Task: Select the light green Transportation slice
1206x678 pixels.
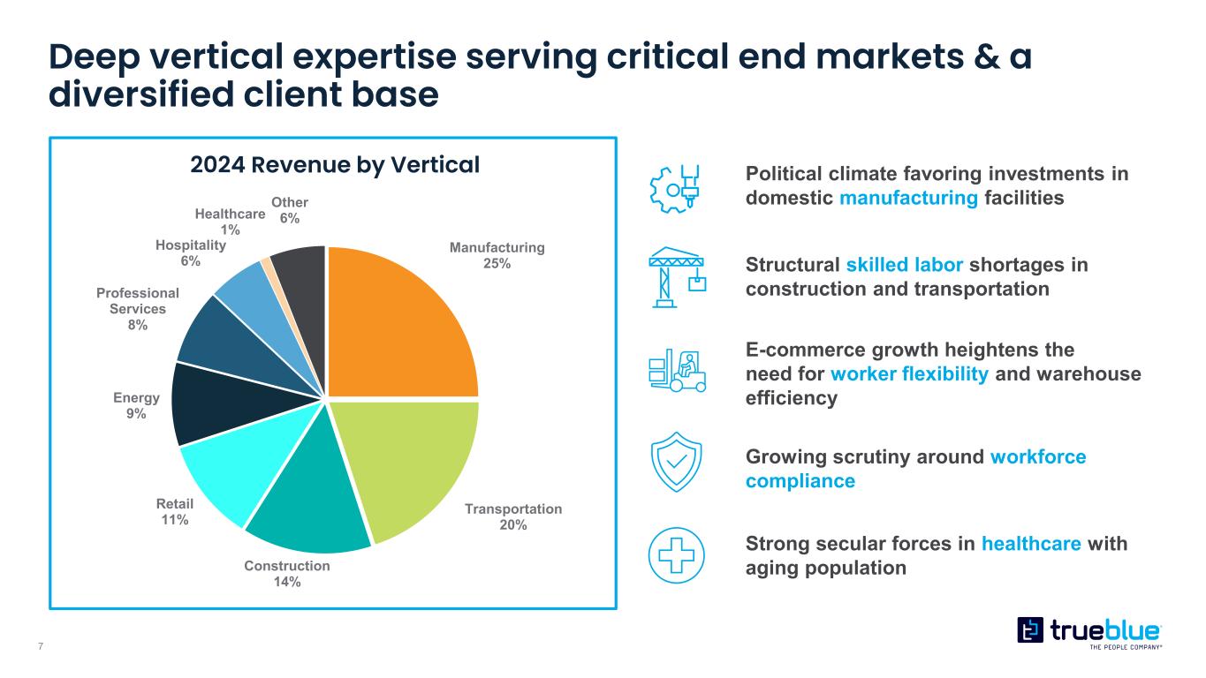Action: point(406,468)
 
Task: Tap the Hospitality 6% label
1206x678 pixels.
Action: point(191,253)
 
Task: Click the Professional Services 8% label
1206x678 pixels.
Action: point(138,309)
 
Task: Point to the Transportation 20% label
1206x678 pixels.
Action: point(513,516)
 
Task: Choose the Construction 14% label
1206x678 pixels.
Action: point(287,573)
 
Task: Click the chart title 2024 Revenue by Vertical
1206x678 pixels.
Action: point(336,165)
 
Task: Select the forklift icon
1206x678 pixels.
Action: point(675,372)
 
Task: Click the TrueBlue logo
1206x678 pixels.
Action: point(1089,631)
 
